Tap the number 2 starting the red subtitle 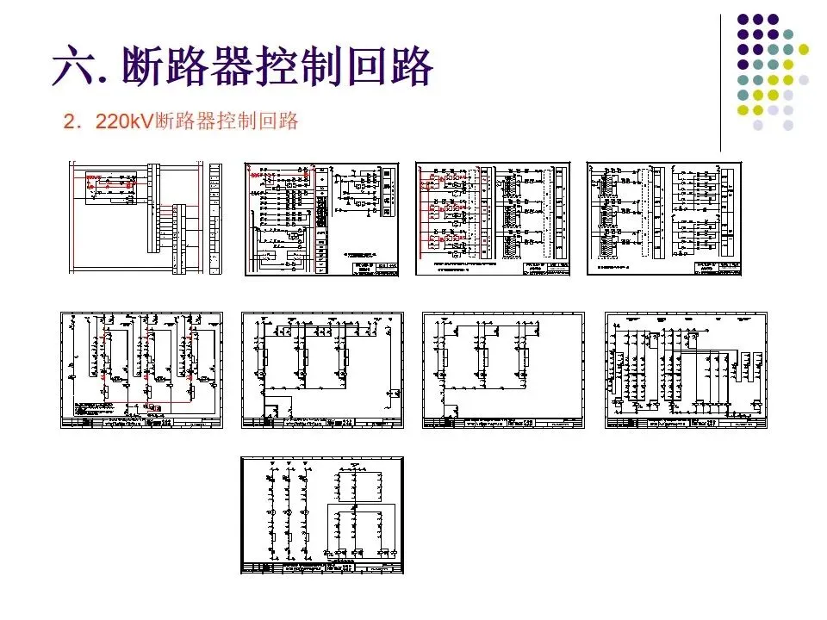[70, 121]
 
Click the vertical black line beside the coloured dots [721, 82]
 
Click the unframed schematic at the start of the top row [146, 219]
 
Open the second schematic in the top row [322, 219]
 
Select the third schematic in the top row [493, 219]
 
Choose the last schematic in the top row [663, 219]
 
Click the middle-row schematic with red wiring [141, 370]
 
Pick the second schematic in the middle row [322, 370]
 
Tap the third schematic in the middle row [503, 370]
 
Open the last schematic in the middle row [686, 370]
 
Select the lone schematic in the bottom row [322, 515]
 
